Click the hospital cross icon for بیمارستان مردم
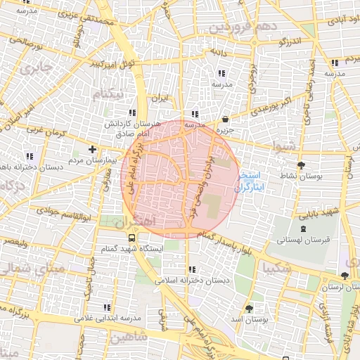[x=92, y=149]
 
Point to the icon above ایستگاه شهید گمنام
[x=134, y=238]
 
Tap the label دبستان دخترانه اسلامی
[x=191, y=280]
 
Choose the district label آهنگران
[x=131, y=221]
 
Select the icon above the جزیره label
[x=225, y=120]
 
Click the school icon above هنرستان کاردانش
[x=131, y=113]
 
